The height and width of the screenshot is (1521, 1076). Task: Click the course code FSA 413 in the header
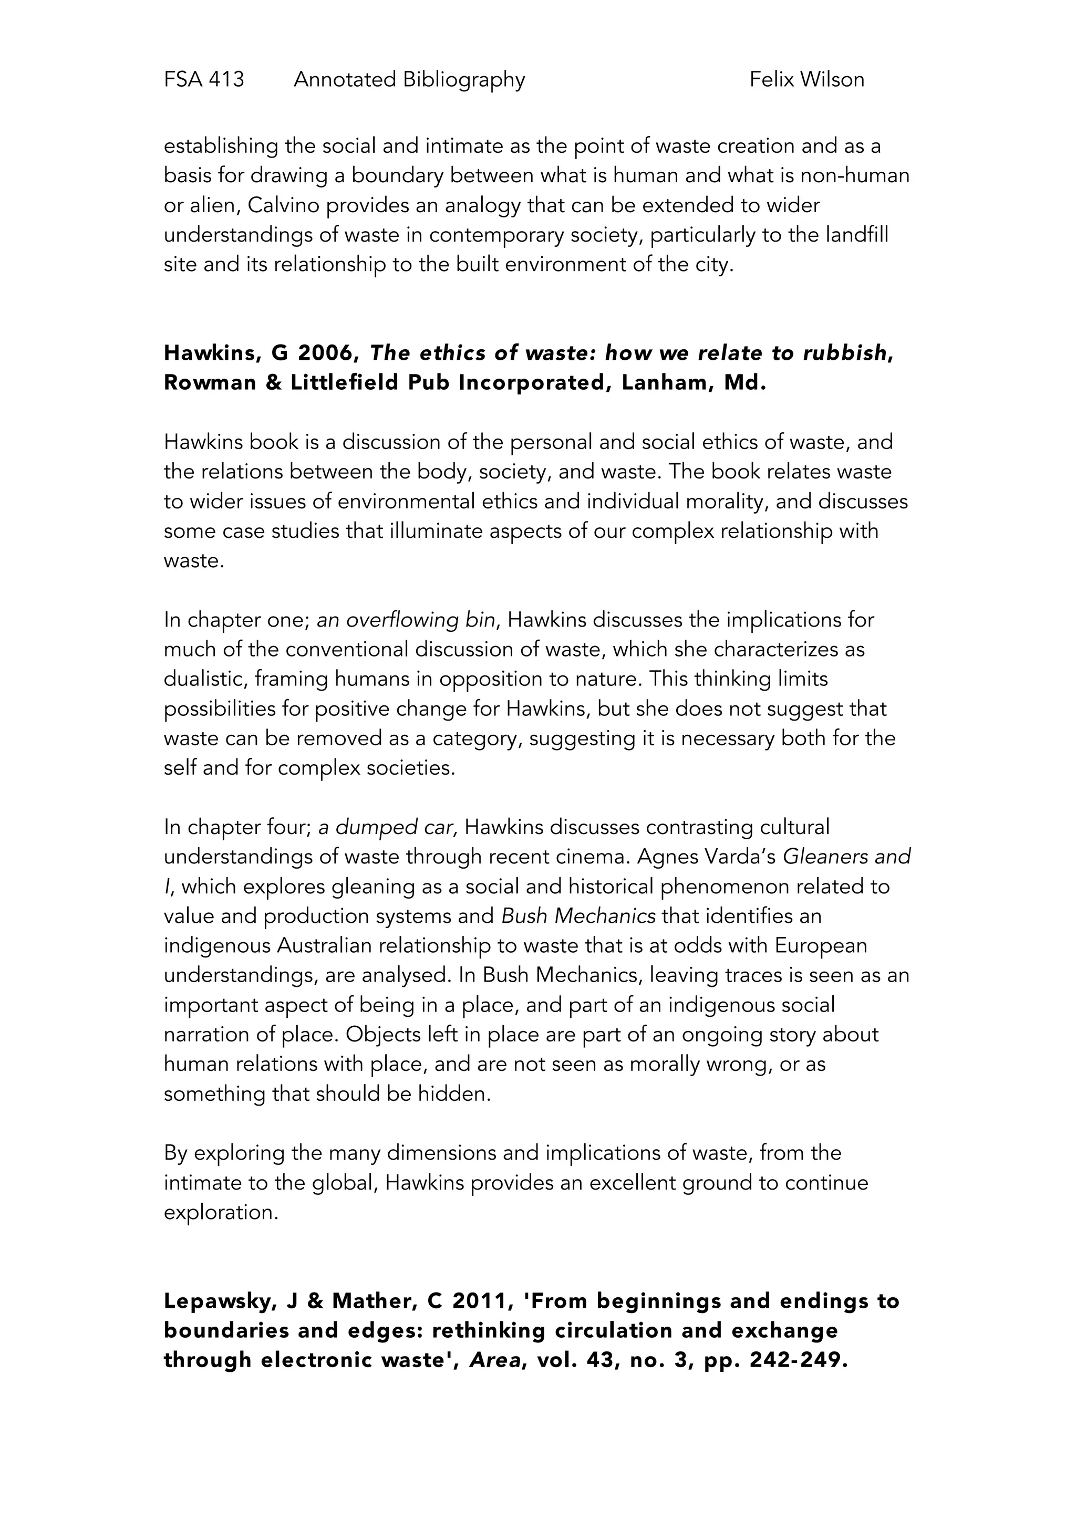(x=203, y=79)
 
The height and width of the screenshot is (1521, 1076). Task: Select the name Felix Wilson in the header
(x=806, y=79)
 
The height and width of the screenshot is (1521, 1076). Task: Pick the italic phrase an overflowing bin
(x=406, y=620)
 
